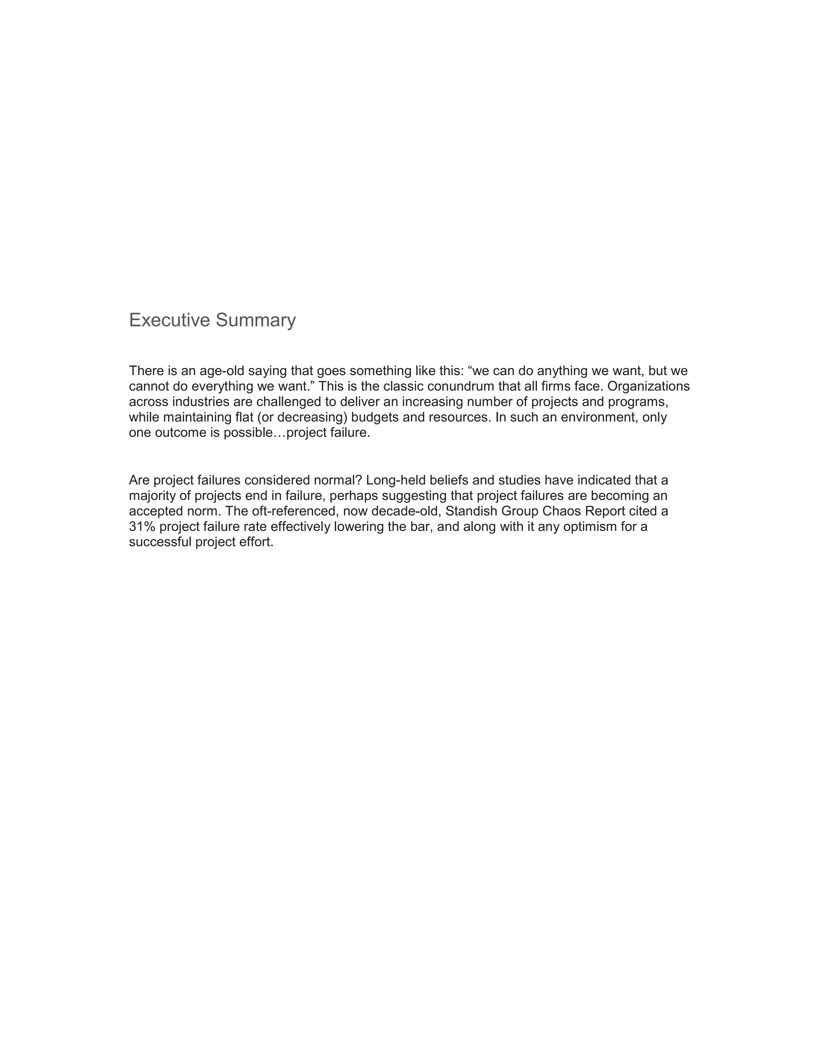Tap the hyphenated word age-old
222,371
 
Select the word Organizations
648,386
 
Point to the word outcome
181,433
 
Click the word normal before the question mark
337,481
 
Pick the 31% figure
142,527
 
